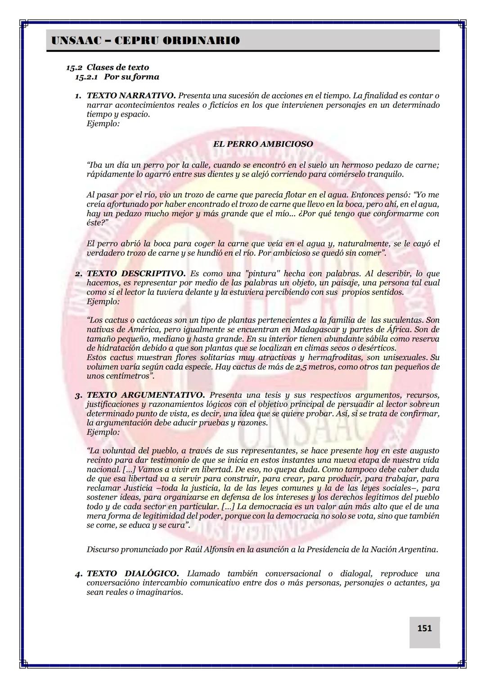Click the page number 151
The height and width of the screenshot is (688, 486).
tap(424, 628)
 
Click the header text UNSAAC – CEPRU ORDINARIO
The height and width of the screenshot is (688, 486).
tap(145, 41)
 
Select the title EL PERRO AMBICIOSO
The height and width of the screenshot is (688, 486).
tap(263, 144)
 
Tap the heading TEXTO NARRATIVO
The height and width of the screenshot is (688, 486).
tap(131, 96)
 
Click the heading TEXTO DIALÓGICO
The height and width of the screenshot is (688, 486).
tap(133, 574)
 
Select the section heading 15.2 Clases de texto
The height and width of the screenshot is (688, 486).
tap(108, 68)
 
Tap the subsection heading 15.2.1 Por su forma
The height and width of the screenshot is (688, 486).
tap(117, 77)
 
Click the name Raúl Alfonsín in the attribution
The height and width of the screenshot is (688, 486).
tap(210, 550)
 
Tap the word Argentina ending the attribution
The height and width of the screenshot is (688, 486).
tap(414, 550)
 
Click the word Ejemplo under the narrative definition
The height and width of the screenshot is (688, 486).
tap(103, 123)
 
